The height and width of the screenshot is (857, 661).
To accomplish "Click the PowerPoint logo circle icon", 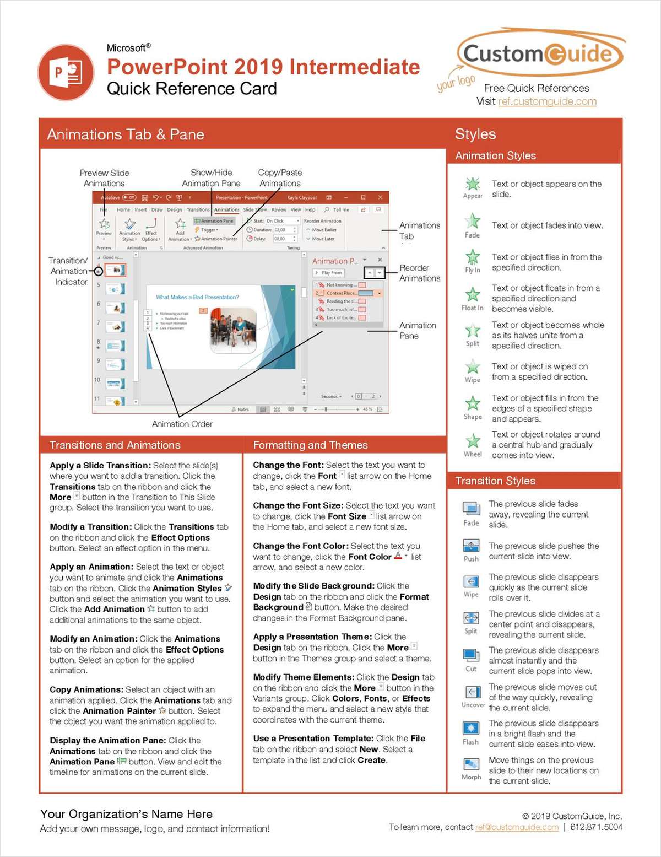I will click(66, 72).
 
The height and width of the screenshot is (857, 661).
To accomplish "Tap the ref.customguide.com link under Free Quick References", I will click(547, 101).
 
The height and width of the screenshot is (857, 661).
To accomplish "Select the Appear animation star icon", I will click(473, 184).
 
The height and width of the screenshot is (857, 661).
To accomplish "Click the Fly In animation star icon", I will click(473, 257).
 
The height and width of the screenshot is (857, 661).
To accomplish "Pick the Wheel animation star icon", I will click(473, 440).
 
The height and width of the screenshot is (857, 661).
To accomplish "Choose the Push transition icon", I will click(471, 546).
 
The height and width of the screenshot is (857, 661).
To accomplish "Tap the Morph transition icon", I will click(471, 764).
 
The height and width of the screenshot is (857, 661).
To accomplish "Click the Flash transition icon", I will click(471, 728).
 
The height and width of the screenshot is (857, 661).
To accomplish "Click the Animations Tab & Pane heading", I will click(126, 134).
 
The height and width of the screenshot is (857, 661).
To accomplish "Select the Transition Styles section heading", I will click(495, 481).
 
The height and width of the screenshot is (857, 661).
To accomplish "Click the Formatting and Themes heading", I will click(310, 445).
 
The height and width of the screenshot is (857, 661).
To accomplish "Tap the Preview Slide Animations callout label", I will click(104, 178).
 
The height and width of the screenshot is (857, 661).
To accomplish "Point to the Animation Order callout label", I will click(182, 424).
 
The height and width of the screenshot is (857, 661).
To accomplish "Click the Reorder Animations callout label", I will click(419, 273).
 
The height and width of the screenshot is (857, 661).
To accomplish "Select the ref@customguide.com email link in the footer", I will click(517, 827).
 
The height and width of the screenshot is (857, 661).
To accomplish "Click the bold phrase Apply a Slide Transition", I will click(100, 465).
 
